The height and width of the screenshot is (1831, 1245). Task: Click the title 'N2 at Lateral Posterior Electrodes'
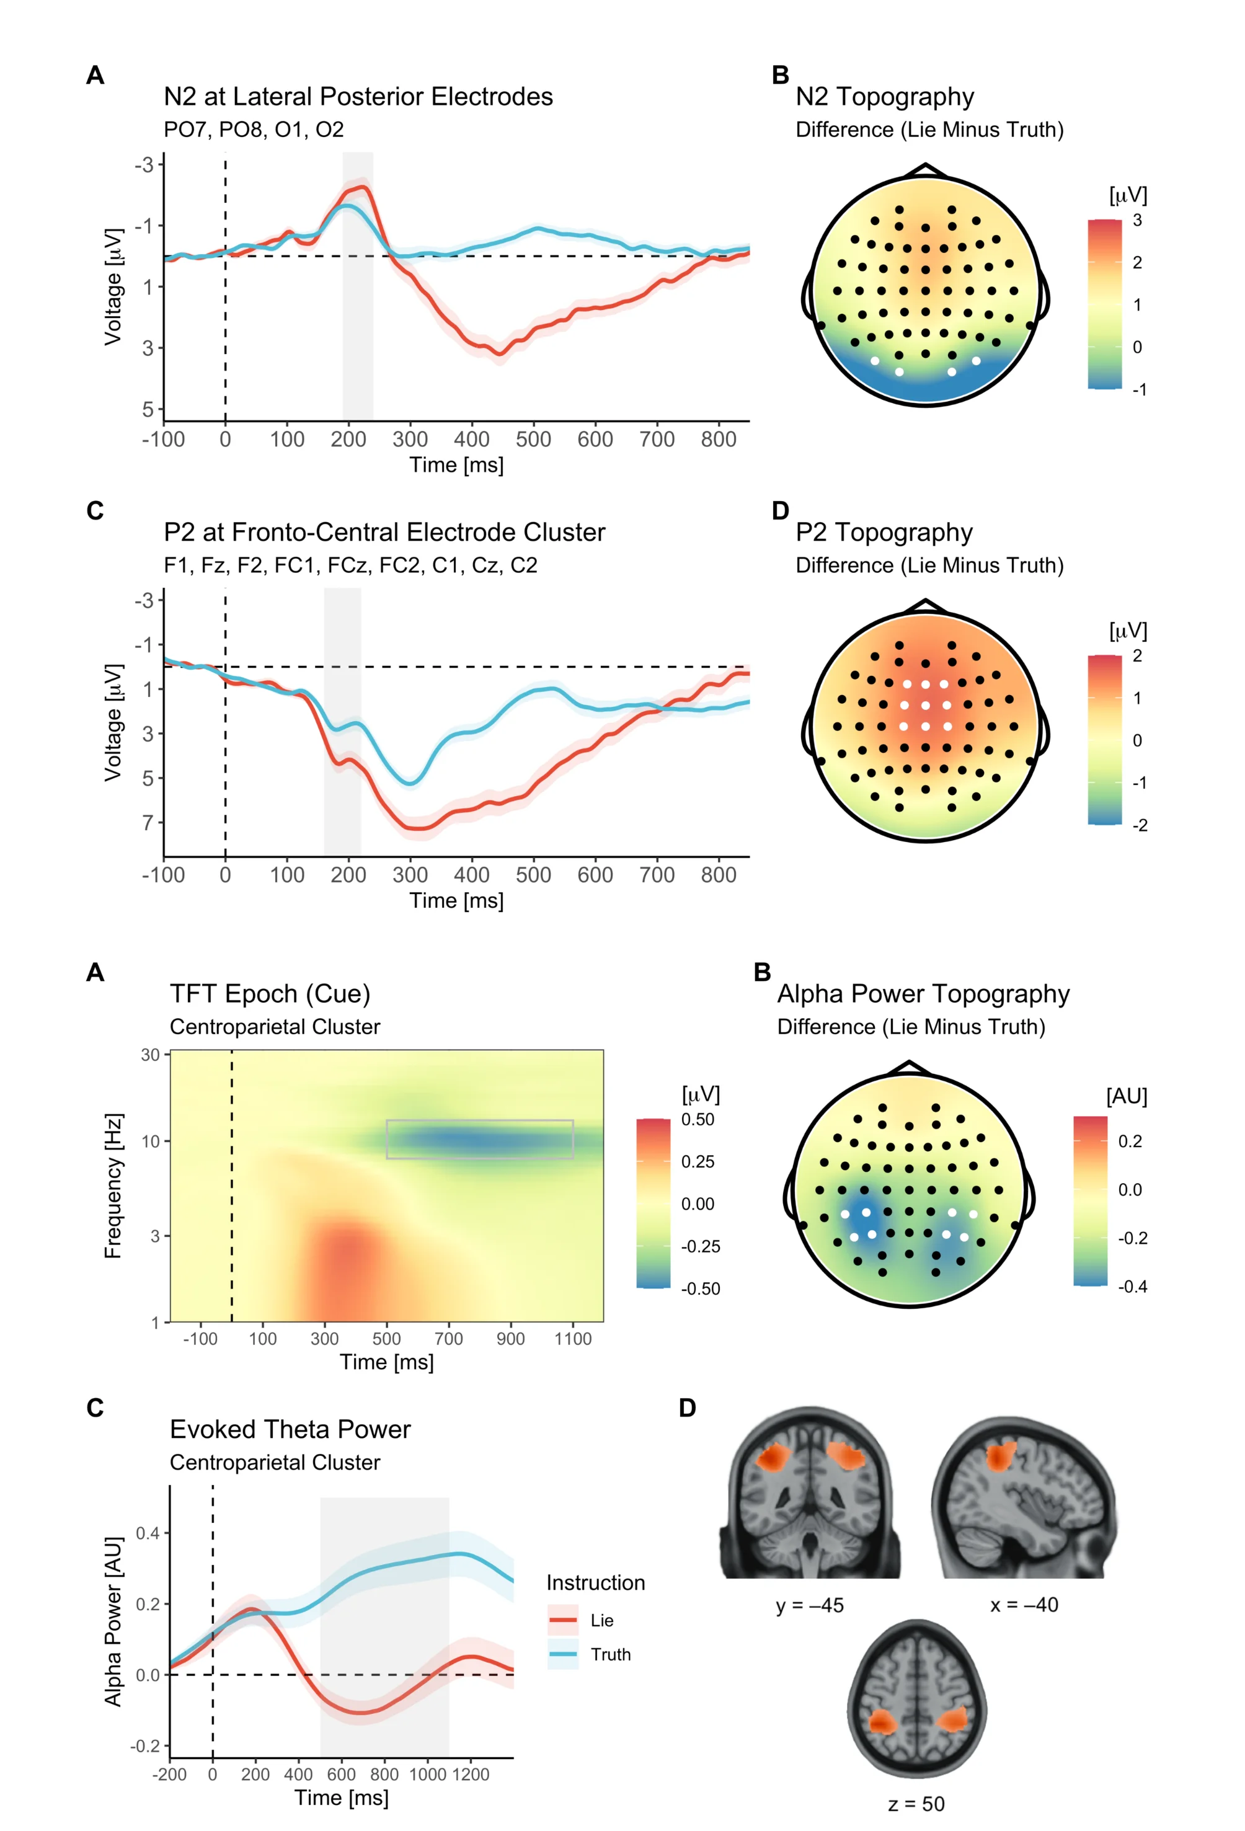tap(358, 97)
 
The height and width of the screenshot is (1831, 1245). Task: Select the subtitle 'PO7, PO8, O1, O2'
tap(254, 129)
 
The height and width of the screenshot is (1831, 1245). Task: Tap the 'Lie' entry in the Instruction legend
tap(601, 1621)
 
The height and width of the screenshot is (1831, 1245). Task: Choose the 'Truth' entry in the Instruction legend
tap(610, 1654)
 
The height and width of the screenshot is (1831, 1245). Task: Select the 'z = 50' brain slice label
tap(916, 1804)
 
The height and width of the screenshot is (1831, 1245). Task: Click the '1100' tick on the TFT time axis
tap(573, 1339)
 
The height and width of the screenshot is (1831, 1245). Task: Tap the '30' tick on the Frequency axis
tap(149, 1055)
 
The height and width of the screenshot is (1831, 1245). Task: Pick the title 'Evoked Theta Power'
tap(290, 1429)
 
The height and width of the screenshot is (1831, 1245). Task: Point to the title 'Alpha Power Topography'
tap(923, 995)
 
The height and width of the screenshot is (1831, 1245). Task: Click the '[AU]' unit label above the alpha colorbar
tap(1126, 1097)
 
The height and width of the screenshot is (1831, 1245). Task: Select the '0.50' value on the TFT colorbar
tap(698, 1120)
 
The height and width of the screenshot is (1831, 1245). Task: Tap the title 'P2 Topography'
tap(884, 533)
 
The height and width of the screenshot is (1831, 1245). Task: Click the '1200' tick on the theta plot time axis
tap(471, 1775)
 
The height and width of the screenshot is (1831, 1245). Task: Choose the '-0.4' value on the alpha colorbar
tap(1132, 1287)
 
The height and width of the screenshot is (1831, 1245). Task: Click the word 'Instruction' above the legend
tap(595, 1583)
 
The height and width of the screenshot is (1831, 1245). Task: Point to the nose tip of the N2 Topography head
tap(925, 166)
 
